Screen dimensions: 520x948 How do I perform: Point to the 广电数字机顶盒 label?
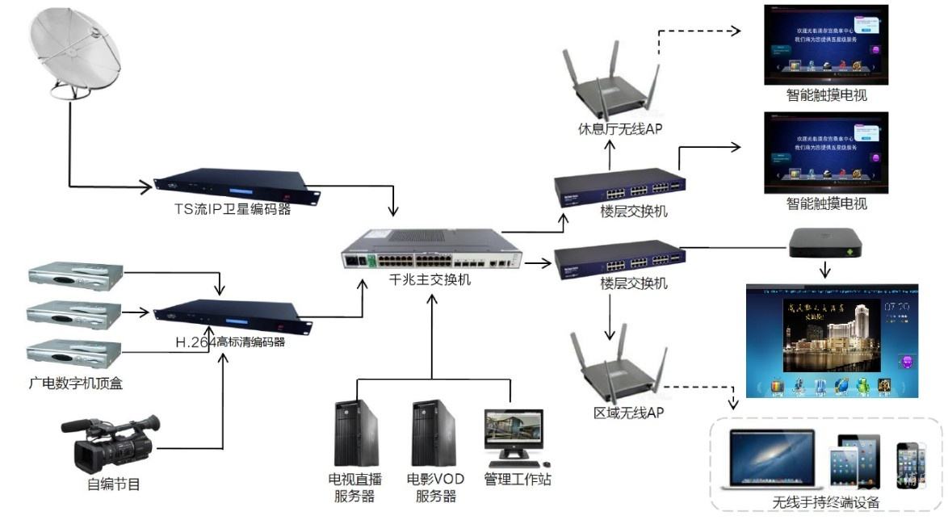click(x=76, y=383)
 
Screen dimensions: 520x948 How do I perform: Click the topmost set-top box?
click(x=74, y=277)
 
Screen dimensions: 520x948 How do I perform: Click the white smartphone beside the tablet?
click(x=911, y=466)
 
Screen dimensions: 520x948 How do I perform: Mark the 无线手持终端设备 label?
click(x=825, y=502)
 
